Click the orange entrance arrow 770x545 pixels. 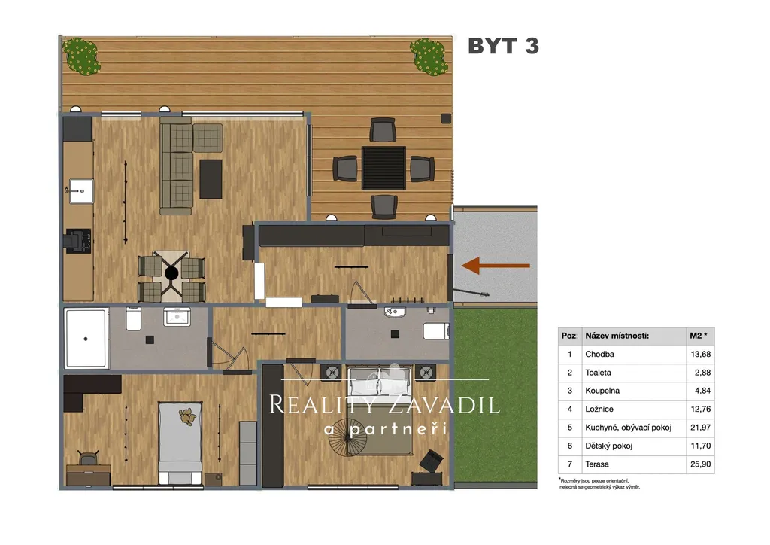(x=496, y=266)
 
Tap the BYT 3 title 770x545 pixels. (x=503, y=46)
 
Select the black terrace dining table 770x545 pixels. (x=383, y=168)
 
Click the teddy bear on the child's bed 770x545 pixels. (x=186, y=417)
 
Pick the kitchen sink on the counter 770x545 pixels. (x=81, y=191)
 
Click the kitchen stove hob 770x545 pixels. (x=78, y=241)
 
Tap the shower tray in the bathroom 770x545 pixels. (x=86, y=338)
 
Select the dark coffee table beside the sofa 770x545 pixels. (x=211, y=179)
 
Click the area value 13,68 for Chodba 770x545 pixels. (x=700, y=354)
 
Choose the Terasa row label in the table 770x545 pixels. (x=596, y=464)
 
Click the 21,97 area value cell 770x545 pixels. (x=700, y=427)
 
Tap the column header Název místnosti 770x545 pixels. (x=617, y=336)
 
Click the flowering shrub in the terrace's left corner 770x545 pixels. (x=81, y=56)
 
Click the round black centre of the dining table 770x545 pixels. (x=171, y=273)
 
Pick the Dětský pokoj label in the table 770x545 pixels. (x=608, y=446)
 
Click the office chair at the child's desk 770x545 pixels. (x=89, y=458)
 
